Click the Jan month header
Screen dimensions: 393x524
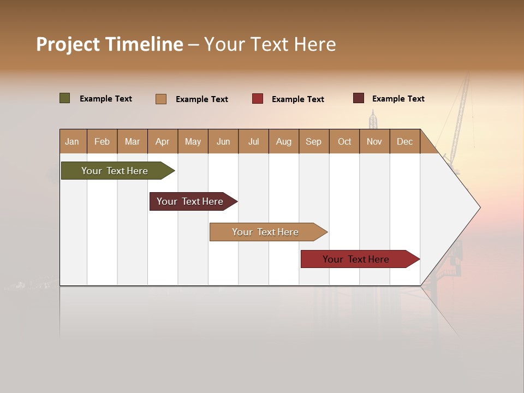[72, 141]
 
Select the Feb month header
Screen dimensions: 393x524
[102, 141]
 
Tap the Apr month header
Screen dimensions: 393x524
[162, 141]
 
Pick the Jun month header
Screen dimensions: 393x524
[223, 141]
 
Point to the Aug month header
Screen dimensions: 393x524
[283, 141]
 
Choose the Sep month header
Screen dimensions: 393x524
[313, 141]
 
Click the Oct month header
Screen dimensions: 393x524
[344, 141]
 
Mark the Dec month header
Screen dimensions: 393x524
[404, 141]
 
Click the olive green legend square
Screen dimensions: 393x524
[65, 98]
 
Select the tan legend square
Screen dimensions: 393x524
[161, 99]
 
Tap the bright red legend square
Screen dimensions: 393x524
[258, 99]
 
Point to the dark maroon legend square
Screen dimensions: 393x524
[359, 98]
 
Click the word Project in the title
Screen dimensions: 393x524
[68, 44]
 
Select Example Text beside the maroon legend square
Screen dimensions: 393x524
[398, 99]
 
